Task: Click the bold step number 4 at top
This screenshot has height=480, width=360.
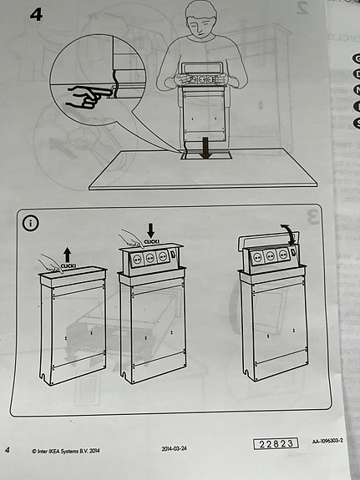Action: click(x=36, y=14)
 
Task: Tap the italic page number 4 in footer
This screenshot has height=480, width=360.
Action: click(x=8, y=450)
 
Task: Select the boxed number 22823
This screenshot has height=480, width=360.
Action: click(x=274, y=443)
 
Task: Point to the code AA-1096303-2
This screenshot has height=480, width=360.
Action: click(x=329, y=441)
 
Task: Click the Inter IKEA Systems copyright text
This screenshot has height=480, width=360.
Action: click(x=63, y=450)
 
